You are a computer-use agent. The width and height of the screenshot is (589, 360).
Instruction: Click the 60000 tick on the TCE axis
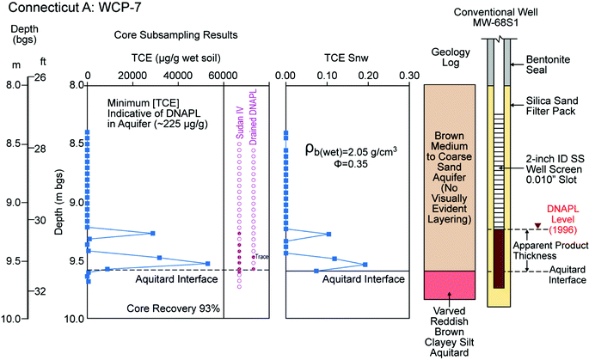click(224, 75)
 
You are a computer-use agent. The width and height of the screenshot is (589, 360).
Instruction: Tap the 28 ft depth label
click(40, 149)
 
